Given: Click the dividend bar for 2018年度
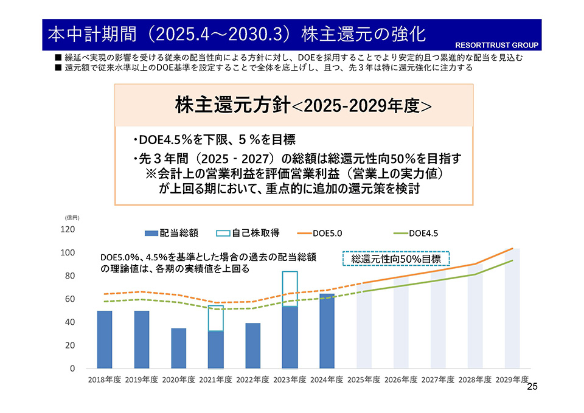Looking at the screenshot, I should pyautogui.click(x=105, y=339).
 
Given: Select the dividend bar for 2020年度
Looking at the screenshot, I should pyautogui.click(x=179, y=349).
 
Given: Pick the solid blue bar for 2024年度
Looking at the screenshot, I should pyautogui.click(x=327, y=331).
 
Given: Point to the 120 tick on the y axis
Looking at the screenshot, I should pyautogui.click(x=68, y=230).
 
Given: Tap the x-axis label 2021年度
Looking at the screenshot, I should pyautogui.click(x=216, y=380).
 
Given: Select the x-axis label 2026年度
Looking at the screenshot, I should pyautogui.click(x=401, y=380).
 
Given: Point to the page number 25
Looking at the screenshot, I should pyautogui.click(x=532, y=387).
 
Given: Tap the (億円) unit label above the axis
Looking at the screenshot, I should pyautogui.click(x=72, y=217).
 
